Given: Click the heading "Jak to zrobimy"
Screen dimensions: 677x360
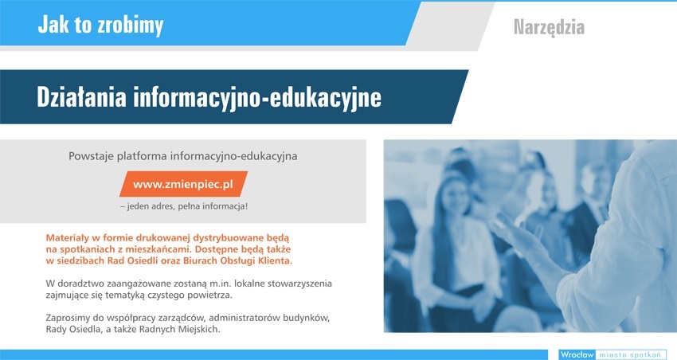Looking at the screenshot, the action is click(100, 25).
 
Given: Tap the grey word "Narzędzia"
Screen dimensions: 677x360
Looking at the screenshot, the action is click(550, 27).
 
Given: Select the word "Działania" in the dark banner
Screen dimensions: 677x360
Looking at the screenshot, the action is click(81, 96).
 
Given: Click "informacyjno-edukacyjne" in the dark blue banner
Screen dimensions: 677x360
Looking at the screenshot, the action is click(257, 98).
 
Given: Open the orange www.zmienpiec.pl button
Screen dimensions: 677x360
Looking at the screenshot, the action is click(183, 184).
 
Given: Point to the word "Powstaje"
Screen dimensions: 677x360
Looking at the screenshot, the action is click(91, 156).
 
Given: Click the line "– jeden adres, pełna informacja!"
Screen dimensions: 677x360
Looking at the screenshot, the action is click(184, 206).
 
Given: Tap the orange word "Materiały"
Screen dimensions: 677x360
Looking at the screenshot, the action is click(68, 238).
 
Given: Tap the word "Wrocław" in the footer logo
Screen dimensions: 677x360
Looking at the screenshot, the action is click(577, 354).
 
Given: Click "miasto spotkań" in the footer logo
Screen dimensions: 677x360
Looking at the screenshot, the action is click(630, 354).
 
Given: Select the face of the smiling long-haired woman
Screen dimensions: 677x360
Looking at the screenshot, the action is click(453, 198).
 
